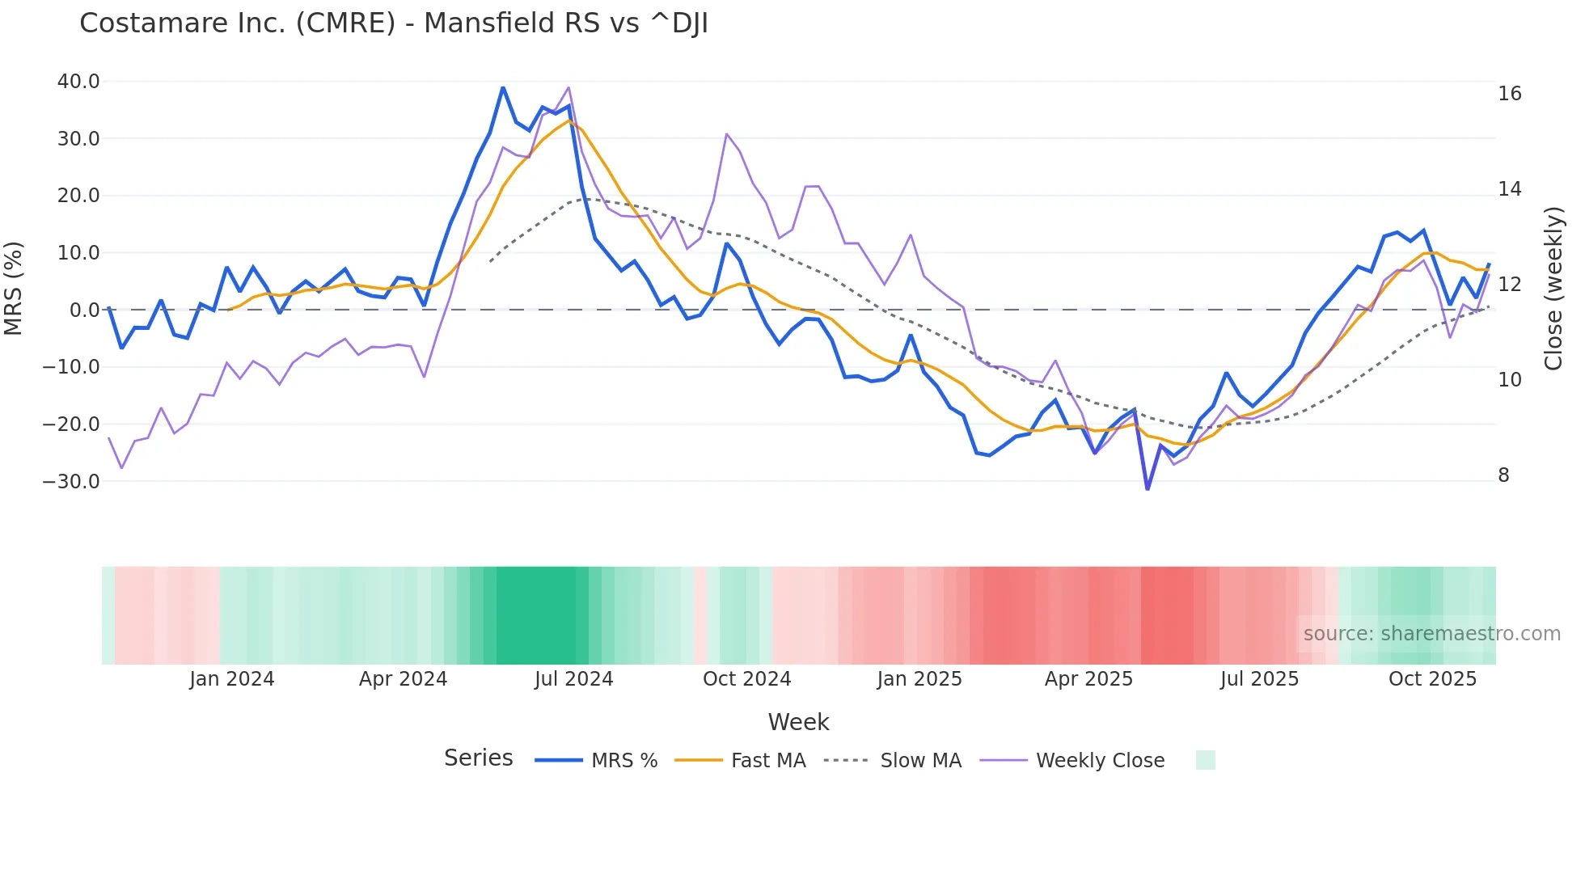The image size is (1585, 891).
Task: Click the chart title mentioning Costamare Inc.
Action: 393,23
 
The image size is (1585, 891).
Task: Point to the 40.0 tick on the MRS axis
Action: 78,82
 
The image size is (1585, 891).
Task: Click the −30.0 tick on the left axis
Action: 71,482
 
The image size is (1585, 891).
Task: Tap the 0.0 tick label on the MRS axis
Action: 84,310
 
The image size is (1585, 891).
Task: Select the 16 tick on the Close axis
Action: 1509,94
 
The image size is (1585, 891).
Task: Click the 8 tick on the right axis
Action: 1503,475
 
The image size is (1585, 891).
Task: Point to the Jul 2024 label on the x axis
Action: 573,679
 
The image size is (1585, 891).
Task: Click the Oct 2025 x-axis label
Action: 1432,679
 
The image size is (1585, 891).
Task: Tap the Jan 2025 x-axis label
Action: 919,679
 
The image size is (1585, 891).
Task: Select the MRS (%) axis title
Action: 14,288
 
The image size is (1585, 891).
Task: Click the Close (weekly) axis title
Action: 1553,289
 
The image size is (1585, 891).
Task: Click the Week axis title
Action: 798,722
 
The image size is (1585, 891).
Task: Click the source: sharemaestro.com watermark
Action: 1431,634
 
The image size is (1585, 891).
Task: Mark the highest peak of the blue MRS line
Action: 503,87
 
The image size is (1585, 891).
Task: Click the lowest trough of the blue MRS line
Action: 1148,489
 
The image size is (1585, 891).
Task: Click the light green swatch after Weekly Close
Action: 1205,760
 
